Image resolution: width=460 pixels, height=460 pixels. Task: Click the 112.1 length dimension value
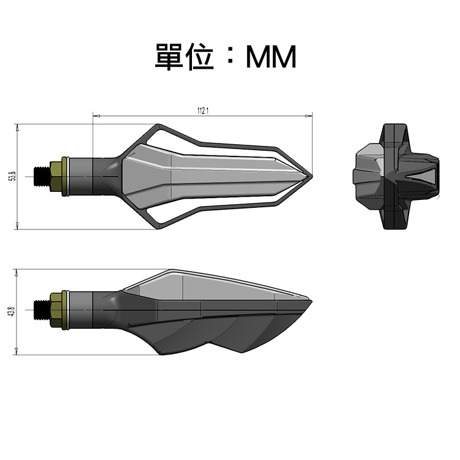pos(203,110)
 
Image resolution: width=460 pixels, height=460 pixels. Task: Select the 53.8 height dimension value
pos(12,177)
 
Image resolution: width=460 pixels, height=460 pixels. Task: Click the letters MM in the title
pos(270,58)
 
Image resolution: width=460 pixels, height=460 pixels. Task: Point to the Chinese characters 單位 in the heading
pos(184,57)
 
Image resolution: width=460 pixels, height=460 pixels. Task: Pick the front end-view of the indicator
pos(396,177)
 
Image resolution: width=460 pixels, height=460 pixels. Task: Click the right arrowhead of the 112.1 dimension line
pos(310,115)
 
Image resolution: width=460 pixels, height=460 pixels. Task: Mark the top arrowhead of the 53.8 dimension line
pos(17,126)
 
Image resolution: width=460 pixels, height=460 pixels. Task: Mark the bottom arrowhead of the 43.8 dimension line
pos(17,352)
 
